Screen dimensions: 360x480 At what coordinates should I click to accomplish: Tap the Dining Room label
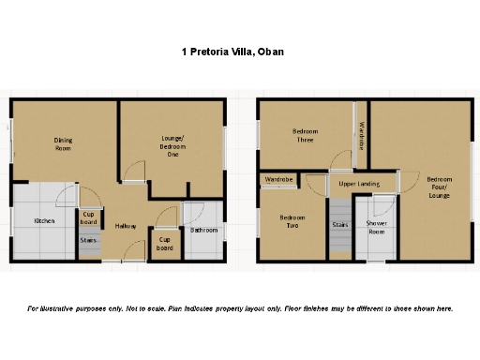(x=63, y=144)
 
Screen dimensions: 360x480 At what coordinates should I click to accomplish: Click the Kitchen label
(x=44, y=221)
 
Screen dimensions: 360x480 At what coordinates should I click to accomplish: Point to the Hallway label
(x=127, y=227)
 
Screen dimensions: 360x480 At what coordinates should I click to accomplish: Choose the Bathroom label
(x=203, y=230)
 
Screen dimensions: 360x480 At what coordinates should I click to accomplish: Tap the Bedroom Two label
(x=292, y=222)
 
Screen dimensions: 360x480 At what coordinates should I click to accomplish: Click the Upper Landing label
(x=358, y=185)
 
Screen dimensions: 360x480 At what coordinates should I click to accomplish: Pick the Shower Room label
(x=378, y=228)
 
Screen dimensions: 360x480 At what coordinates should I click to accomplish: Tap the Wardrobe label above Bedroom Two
(x=279, y=178)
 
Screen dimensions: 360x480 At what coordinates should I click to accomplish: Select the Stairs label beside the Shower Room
(x=339, y=225)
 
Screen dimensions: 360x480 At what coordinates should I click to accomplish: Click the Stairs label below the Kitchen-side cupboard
(x=89, y=240)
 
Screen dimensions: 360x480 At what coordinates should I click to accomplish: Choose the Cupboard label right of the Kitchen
(x=89, y=217)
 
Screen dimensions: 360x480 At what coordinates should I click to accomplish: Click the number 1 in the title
(x=184, y=53)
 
